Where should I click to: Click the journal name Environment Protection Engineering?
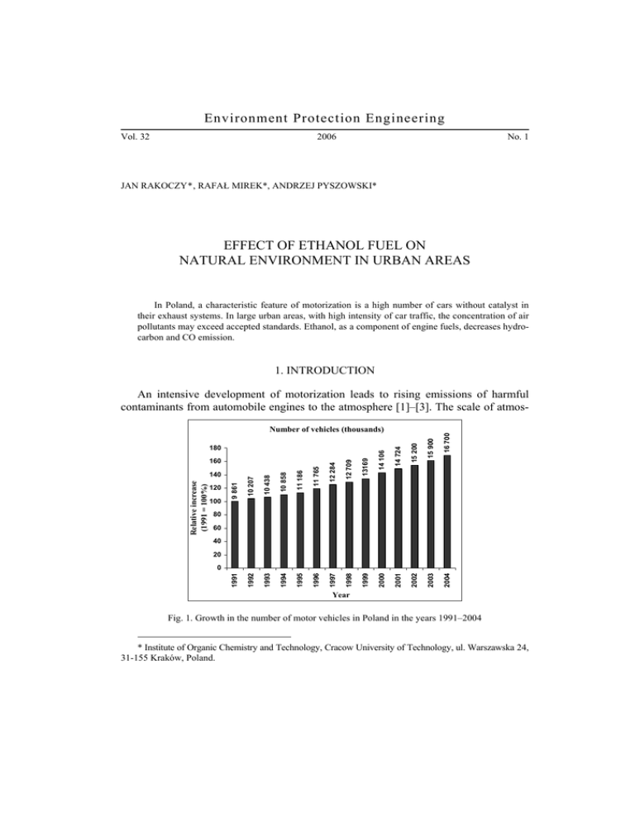coord(317,120)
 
